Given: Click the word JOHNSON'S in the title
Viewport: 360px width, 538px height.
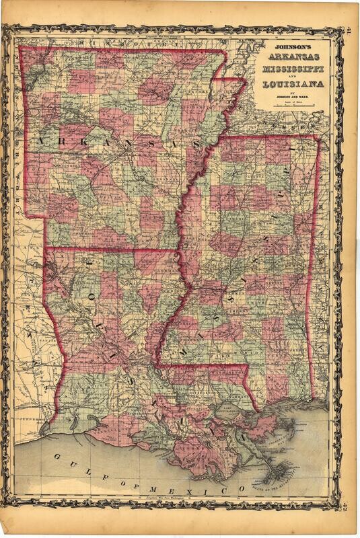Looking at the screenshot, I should [x=291, y=48].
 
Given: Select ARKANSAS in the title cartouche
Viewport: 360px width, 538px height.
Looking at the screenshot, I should [x=291, y=59].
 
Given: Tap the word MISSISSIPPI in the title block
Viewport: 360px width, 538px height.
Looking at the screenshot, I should [x=291, y=70].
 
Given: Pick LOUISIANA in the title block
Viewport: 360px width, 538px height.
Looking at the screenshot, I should [x=291, y=85].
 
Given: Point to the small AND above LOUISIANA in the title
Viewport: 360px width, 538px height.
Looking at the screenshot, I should [x=291, y=77].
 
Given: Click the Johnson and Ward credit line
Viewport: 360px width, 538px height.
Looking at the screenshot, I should [x=291, y=95].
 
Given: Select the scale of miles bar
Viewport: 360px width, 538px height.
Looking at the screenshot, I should [x=291, y=104].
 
